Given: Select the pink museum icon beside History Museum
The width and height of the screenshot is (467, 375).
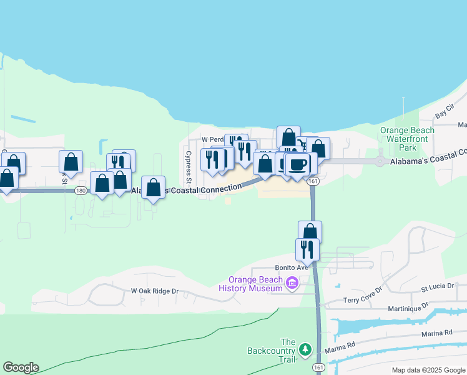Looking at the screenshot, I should click(291, 284).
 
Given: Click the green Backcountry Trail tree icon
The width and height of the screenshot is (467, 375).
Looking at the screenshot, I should click(305, 349).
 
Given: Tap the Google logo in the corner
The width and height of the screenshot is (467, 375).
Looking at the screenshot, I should click(21, 367).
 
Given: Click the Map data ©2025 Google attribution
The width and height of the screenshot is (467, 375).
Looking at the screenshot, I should click(428, 370).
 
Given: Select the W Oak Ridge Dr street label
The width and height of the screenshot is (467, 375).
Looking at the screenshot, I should click(155, 291).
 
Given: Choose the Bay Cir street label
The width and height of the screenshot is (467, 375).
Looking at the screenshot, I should click(444, 114).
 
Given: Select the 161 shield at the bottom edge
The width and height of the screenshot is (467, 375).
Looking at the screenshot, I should click(318, 368).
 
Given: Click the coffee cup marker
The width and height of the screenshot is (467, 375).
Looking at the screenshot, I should click(298, 164).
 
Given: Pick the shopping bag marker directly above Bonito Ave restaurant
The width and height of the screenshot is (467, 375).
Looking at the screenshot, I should click(310, 231).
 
